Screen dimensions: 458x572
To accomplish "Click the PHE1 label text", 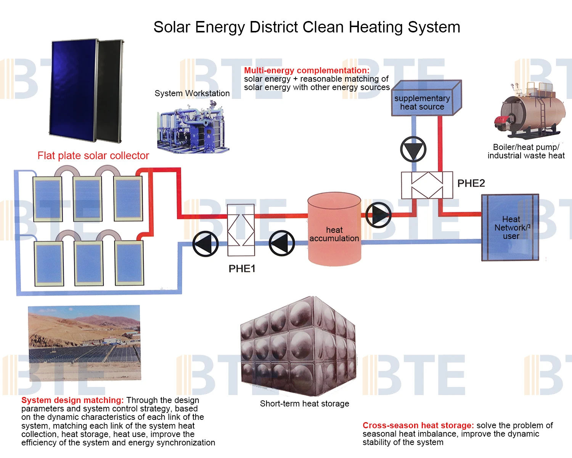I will (242, 269).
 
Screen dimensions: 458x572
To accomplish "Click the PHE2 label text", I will (471, 183).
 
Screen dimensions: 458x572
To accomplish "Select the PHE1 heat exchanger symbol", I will (241, 230).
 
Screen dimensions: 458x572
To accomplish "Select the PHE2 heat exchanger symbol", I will (427, 185).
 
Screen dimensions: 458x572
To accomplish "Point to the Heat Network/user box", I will (510, 227).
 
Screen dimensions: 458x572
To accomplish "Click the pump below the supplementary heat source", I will (413, 149).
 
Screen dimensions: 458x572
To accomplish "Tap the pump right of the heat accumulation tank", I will (378, 215).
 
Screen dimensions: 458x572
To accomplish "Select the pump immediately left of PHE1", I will (206, 244).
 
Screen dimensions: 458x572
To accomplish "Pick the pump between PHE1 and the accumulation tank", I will (282, 243).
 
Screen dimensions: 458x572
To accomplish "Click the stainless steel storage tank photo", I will (298, 345).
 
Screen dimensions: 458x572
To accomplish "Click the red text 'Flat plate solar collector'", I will (93, 156).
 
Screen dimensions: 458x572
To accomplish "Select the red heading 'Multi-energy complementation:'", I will (307, 71).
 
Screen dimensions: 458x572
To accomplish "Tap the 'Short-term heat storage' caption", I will (304, 404).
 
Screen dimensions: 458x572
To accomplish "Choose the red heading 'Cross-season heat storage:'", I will (418, 426).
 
